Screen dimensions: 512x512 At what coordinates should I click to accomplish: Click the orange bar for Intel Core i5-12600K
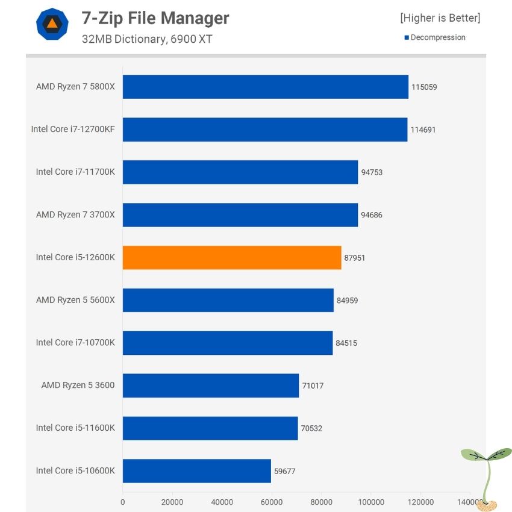[232, 257]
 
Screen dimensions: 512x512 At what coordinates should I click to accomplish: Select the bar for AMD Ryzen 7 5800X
[265, 87]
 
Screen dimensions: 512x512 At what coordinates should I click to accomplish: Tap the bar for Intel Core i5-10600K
[196, 471]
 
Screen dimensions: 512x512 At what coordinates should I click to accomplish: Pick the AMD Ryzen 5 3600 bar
[211, 386]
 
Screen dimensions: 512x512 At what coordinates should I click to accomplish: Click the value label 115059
[424, 87]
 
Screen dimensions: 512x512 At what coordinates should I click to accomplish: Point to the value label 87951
[355, 258]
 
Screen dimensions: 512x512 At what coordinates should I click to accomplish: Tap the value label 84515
[346, 343]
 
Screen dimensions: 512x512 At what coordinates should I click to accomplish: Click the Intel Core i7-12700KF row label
[73, 129]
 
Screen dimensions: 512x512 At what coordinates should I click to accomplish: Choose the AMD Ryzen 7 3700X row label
[75, 214]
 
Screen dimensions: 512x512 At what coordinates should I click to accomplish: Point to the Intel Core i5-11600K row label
[75, 428]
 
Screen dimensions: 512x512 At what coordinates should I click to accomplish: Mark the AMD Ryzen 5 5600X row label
[75, 300]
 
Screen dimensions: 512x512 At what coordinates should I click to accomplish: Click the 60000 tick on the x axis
[271, 502]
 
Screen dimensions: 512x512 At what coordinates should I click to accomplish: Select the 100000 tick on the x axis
[370, 502]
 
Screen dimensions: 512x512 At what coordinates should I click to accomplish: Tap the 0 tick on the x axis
[123, 502]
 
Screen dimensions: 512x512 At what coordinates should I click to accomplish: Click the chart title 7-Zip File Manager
[155, 18]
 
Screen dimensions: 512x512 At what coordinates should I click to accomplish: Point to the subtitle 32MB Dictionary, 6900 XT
[147, 39]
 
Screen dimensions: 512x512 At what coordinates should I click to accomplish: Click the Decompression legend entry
[435, 37]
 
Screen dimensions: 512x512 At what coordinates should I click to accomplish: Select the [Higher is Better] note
[440, 18]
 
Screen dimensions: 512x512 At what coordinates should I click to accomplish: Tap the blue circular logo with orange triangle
[52, 25]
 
